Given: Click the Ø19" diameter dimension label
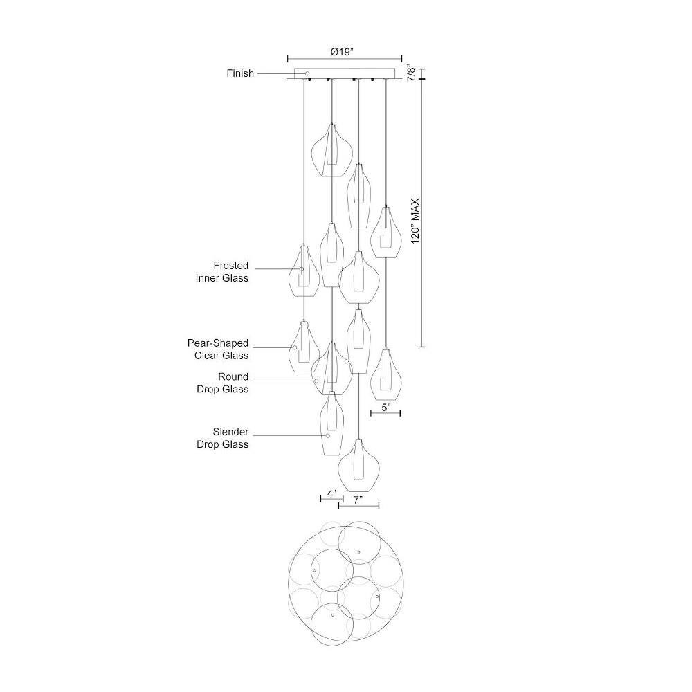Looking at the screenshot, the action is click(x=343, y=52).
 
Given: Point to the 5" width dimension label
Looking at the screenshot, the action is click(x=386, y=408).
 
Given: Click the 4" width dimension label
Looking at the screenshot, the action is click(x=332, y=493).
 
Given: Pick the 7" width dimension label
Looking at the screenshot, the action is click(x=358, y=500).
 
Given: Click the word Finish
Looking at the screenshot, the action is click(x=240, y=73).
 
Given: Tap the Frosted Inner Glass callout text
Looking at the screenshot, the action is click(x=222, y=272).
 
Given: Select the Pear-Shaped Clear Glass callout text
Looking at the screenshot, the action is click(x=218, y=349).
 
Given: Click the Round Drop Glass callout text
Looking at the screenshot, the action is click(x=222, y=383).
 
